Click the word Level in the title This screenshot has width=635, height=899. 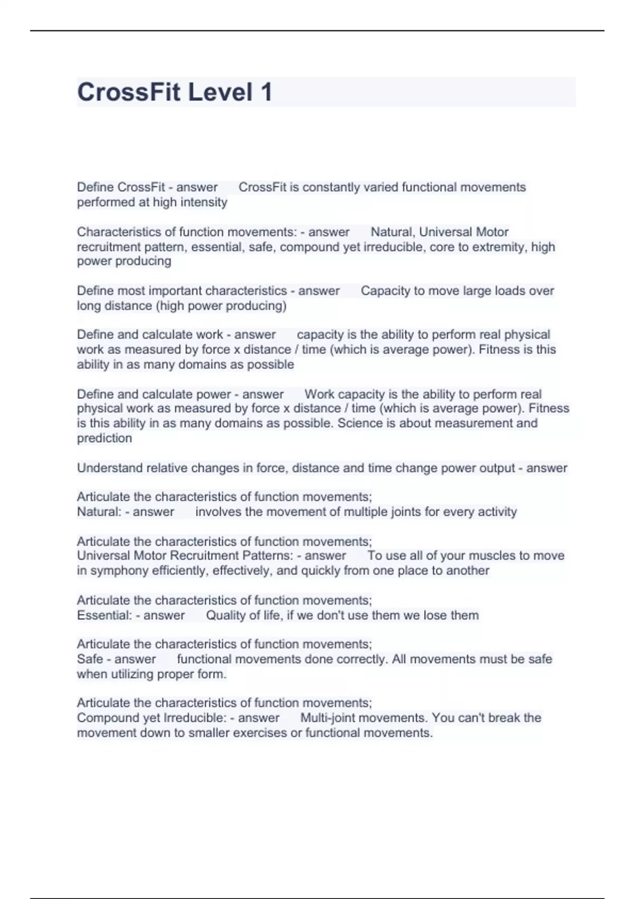[x=220, y=92]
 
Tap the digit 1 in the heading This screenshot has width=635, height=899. [x=266, y=92]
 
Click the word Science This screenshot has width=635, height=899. [x=360, y=423]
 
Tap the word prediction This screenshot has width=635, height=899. [x=104, y=438]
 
